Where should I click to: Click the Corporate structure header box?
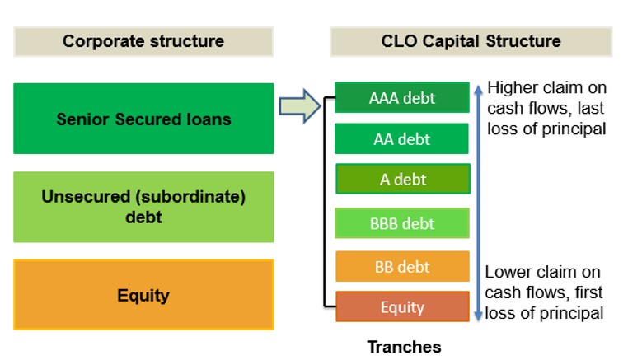tap(143, 41)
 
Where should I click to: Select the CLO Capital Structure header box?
tap(471, 41)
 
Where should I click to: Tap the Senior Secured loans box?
tap(143, 119)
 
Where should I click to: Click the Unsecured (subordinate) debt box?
tap(143, 207)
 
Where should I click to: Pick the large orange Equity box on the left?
tap(143, 295)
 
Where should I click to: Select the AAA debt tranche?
tap(402, 98)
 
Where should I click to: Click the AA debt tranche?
tap(402, 138)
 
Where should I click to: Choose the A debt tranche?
tap(402, 179)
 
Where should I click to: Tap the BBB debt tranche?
tap(402, 222)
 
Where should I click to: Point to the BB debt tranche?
tap(402, 266)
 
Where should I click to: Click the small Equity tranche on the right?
tap(402, 307)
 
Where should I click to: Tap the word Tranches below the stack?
tap(404, 347)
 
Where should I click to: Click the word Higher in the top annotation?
tap(511, 87)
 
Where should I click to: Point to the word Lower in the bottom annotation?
tap(506, 272)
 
